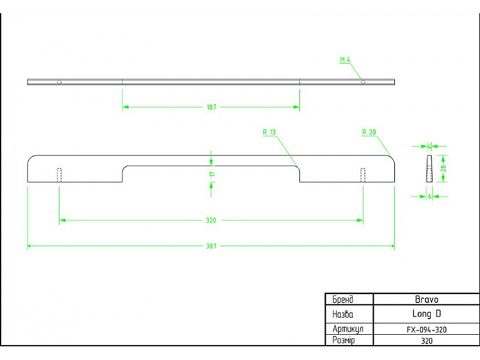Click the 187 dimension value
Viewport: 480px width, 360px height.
point(212,107)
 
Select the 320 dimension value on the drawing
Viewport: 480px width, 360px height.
point(211,220)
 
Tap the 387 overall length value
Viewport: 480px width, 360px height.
point(211,246)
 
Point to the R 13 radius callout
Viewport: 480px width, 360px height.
point(269,132)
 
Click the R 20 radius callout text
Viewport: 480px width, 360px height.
point(369,132)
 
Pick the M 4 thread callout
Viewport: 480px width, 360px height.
point(345,59)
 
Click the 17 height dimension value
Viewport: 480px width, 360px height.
point(213,174)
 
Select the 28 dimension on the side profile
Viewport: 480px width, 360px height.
point(444,168)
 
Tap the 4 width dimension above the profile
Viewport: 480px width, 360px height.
point(429,146)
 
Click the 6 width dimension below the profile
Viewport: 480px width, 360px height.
point(430,197)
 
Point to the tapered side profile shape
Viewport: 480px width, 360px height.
point(429,169)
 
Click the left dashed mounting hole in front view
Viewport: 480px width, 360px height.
point(59,175)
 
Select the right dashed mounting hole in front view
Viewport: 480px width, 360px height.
point(363,175)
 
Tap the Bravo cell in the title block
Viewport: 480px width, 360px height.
point(427,299)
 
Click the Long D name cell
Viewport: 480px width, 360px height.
point(427,314)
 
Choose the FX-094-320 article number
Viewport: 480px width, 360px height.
point(427,329)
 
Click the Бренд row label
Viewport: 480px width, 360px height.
point(343,299)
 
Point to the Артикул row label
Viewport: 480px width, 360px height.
point(348,329)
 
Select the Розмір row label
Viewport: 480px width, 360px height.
point(343,340)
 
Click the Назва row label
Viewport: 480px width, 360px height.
point(343,314)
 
